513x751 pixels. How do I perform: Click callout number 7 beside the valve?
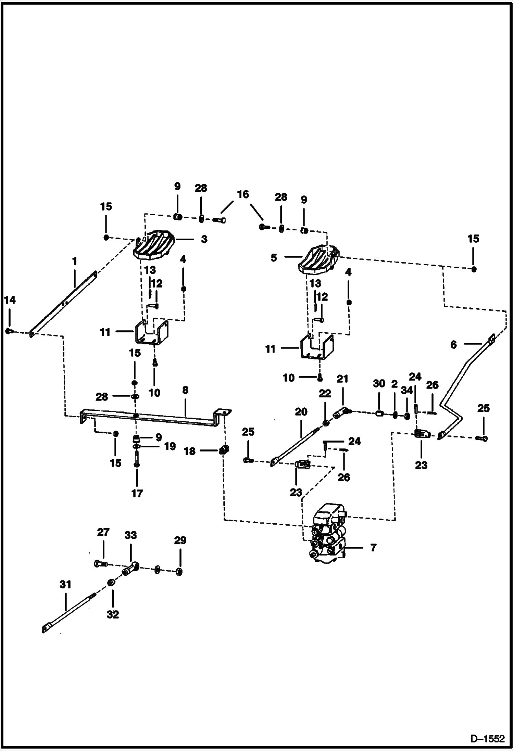(x=373, y=548)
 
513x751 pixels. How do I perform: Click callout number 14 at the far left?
(x=10, y=301)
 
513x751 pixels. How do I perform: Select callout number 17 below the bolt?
(x=137, y=493)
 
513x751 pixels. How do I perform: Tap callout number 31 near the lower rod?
(x=65, y=584)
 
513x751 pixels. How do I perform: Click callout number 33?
(x=130, y=535)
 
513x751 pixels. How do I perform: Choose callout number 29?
(x=180, y=540)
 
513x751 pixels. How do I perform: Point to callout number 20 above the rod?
(x=301, y=411)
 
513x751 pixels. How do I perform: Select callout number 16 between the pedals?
(x=243, y=194)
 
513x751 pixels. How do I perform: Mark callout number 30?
(x=379, y=384)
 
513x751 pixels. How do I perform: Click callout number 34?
(x=407, y=390)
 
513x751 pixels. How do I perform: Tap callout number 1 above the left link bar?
(x=74, y=261)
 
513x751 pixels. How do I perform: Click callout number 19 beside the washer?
(x=170, y=446)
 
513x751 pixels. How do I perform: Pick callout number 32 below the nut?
(x=113, y=614)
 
